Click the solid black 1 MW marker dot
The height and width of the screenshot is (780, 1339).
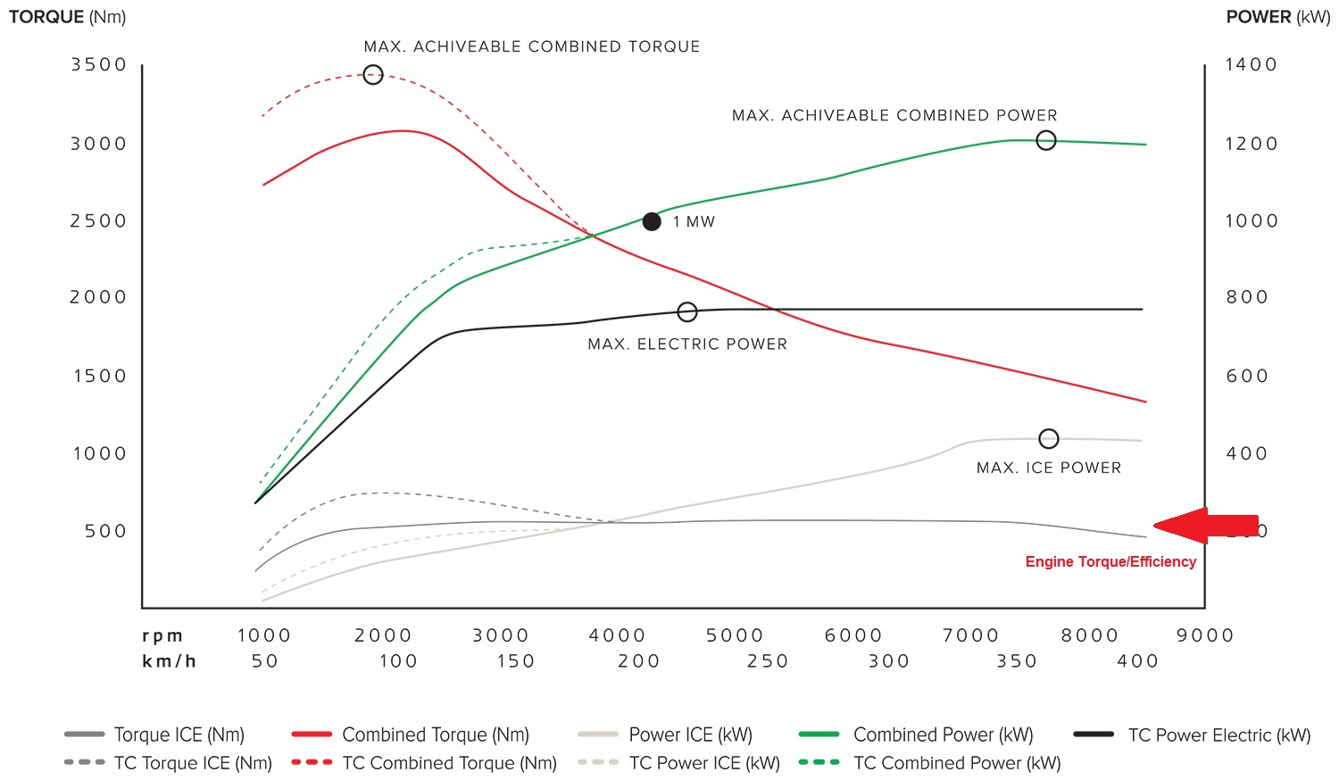click(652, 221)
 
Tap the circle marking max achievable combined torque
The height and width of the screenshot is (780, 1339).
click(373, 75)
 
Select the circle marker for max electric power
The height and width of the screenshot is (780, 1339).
click(686, 312)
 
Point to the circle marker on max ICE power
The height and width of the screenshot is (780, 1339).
click(1049, 439)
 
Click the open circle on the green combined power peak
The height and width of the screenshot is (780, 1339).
click(1046, 140)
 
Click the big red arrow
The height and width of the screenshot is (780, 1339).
click(1205, 526)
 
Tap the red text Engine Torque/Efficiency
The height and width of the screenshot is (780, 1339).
click(1110, 561)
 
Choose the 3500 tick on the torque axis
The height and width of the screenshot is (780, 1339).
click(99, 65)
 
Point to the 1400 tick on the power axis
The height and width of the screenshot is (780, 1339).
click(1251, 65)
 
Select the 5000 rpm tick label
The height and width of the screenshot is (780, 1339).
click(735, 635)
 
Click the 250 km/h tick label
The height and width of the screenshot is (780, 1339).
click(768, 661)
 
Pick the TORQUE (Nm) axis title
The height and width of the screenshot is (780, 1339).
click(67, 17)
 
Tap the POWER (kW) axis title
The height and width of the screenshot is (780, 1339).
click(1277, 17)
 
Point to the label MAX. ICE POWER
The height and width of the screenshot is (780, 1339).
click(1049, 468)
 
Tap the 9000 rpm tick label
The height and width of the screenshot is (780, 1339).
click(1205, 635)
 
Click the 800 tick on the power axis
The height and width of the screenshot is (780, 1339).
click(1246, 297)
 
